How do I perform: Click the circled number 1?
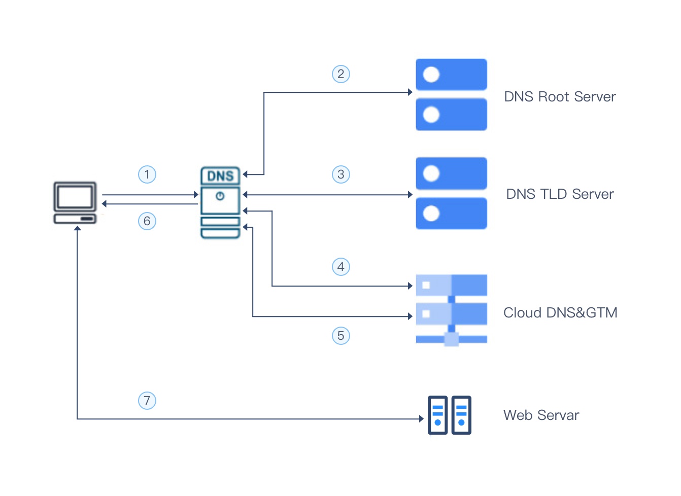[x=147, y=174]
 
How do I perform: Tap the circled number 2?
[x=341, y=74]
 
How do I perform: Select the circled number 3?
[x=341, y=174]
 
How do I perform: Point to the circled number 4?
[x=341, y=267]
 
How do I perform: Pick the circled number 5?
[x=341, y=336]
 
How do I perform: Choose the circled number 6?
[x=147, y=221]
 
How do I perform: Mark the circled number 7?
[x=147, y=401]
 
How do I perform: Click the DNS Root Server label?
[x=560, y=97]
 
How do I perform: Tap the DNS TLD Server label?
[x=560, y=194]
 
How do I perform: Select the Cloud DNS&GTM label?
[x=560, y=313]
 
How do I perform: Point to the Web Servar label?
[x=541, y=415]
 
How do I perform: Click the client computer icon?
[x=75, y=203]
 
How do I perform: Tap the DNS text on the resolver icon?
[x=220, y=176]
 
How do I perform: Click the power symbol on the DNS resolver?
[x=220, y=196]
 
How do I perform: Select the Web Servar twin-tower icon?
[x=449, y=415]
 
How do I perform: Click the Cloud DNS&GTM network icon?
[x=452, y=310]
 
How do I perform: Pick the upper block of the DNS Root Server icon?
[x=452, y=75]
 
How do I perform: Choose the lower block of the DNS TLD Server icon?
[x=452, y=214]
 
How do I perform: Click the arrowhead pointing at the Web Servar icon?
[x=421, y=419]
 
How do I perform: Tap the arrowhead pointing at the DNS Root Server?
[x=410, y=92]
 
